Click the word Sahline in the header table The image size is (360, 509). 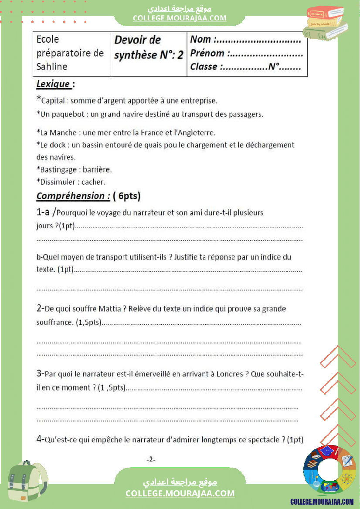[52, 67]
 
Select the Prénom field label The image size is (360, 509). [207, 53]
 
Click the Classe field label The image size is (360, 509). [204, 67]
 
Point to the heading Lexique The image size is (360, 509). [53, 84]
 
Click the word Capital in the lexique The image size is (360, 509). [53, 101]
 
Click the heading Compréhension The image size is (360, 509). [72, 196]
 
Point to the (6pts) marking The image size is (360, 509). [126, 196]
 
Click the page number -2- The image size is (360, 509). [151, 459]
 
